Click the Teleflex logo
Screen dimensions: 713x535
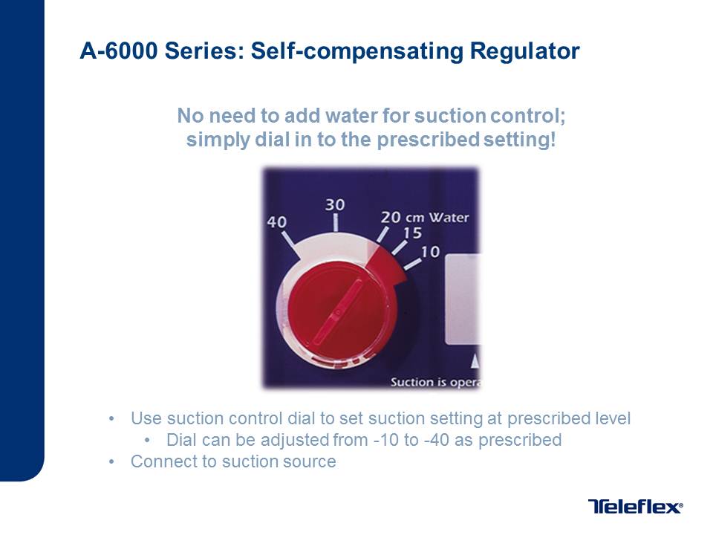point(635,506)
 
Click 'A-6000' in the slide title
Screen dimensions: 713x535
point(119,51)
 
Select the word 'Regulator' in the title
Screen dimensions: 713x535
point(525,51)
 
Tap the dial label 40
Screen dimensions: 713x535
point(276,222)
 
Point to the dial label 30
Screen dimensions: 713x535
point(335,205)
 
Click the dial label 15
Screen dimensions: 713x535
point(412,233)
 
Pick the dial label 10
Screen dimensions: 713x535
point(430,252)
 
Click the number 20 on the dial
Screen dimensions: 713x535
point(391,217)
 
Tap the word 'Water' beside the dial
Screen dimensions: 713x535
point(449,218)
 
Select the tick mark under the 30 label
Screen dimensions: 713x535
point(336,223)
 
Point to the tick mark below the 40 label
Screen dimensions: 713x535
point(289,240)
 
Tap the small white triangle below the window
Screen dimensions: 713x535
point(475,361)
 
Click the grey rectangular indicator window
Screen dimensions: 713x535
point(462,299)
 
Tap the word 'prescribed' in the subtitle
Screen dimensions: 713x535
point(428,140)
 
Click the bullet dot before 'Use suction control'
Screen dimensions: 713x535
point(112,418)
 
